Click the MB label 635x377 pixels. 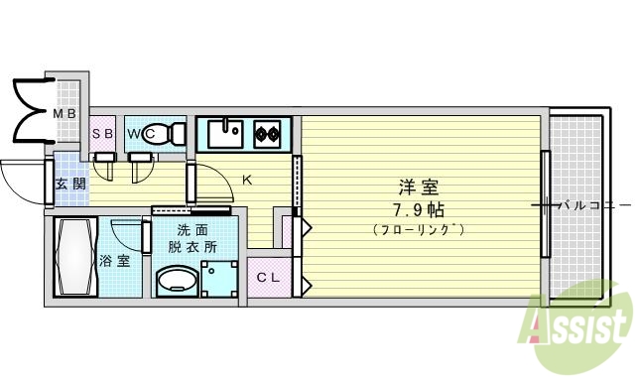tap(64, 114)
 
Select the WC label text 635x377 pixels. tap(138, 133)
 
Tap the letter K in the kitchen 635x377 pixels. tap(248, 180)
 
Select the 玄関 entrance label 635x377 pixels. tap(69, 184)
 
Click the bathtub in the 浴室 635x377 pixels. tap(73, 257)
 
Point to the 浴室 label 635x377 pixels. tap(114, 262)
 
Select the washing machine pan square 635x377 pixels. tap(218, 279)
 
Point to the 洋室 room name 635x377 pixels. tap(419, 186)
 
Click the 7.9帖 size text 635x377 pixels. tap(419, 210)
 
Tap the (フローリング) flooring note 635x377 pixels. tap(419, 230)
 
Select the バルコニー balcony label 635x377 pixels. tap(592, 206)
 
